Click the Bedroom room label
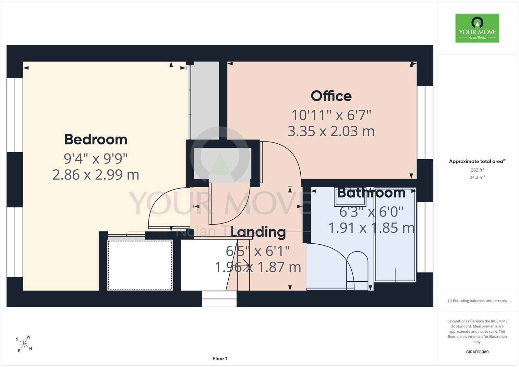[96, 139]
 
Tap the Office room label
[331, 96]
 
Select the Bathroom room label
[371, 193]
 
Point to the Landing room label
[258, 232]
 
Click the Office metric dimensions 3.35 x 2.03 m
[331, 131]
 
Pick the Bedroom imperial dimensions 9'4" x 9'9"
[96, 159]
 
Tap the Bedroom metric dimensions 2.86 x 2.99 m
[96, 175]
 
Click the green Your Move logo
[477, 28]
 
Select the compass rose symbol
[24, 344]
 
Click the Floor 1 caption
[220, 359]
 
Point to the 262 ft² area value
[477, 170]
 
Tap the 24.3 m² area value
[477, 177]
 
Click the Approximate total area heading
[477, 161]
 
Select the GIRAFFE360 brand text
[477, 352]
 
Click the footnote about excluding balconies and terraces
[477, 301]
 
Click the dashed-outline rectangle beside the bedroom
[140, 265]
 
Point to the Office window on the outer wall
[425, 122]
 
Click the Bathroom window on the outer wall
[425, 237]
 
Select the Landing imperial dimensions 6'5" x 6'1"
[258, 251]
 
